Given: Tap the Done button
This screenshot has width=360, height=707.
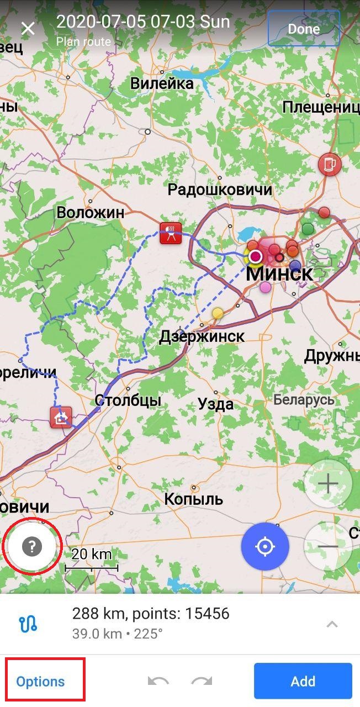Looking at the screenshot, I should (x=304, y=29).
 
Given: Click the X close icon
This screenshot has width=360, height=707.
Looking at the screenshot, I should (x=28, y=29).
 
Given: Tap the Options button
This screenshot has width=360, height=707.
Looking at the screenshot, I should (x=40, y=682).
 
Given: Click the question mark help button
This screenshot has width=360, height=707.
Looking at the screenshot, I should (x=32, y=547).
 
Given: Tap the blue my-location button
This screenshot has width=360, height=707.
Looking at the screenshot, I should (x=265, y=547).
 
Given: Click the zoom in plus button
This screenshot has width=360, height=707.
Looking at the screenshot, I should (x=328, y=484).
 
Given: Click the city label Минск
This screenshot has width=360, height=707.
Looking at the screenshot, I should (x=279, y=273).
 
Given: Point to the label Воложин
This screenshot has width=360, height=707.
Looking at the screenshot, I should (x=91, y=213).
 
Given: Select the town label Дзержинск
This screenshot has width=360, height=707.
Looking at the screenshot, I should (x=202, y=336).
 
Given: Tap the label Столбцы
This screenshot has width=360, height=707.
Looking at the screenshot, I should (x=128, y=400).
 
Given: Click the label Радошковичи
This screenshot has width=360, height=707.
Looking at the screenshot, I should (x=220, y=190).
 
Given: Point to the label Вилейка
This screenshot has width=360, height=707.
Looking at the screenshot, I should (x=162, y=83).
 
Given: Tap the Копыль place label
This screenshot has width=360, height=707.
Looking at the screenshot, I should (x=194, y=499).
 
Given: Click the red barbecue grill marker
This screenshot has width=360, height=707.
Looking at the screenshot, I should (x=171, y=233).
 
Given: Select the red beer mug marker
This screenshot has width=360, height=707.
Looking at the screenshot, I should (x=330, y=164).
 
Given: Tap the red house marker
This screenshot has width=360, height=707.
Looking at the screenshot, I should (x=61, y=417).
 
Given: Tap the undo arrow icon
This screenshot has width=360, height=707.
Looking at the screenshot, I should (x=158, y=682).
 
